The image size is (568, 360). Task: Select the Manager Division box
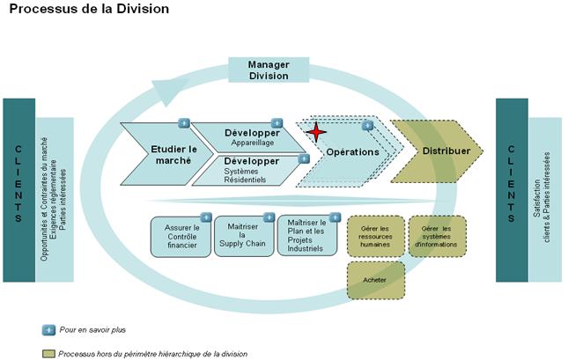click(x=269, y=70)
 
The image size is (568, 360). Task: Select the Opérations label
click(x=352, y=152)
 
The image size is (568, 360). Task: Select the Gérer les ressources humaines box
click(x=376, y=235)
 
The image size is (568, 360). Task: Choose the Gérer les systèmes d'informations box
click(x=437, y=235)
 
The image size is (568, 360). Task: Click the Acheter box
click(x=376, y=280)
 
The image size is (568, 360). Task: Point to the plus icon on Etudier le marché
click(x=184, y=122)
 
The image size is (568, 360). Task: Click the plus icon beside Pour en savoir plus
click(x=49, y=329)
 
